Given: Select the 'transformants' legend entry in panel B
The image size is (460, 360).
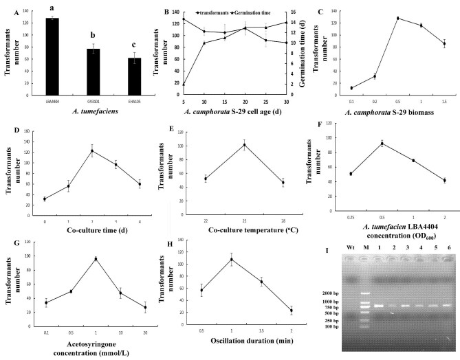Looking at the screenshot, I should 199,12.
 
